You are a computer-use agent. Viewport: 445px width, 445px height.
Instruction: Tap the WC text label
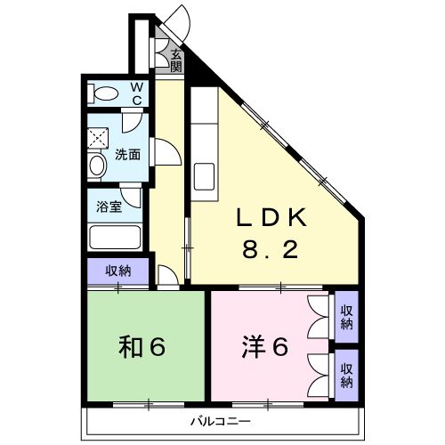click(x=137, y=93)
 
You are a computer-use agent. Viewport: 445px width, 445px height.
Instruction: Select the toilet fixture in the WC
click(x=105, y=93)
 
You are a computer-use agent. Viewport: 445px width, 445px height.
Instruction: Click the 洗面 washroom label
click(x=127, y=153)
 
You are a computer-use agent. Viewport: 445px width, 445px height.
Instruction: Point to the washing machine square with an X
click(x=97, y=138)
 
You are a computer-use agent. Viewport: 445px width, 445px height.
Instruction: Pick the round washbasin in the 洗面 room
click(x=97, y=165)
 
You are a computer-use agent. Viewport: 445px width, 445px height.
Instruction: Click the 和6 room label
click(x=142, y=347)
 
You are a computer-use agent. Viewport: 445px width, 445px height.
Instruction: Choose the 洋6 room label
click(x=264, y=347)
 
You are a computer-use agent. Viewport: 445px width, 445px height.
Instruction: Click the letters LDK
click(x=271, y=218)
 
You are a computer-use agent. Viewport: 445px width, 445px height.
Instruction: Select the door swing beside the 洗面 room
click(x=163, y=154)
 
